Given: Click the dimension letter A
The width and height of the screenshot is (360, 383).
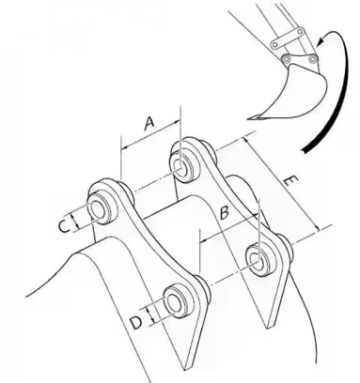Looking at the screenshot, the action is click(x=149, y=123).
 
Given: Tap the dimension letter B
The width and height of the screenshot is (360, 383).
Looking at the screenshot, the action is click(x=225, y=213).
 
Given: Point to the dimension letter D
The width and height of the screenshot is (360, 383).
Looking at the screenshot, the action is click(x=136, y=323).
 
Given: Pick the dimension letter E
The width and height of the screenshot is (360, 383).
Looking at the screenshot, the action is click(x=290, y=181).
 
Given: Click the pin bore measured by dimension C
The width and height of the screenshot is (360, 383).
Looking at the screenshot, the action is click(x=98, y=210).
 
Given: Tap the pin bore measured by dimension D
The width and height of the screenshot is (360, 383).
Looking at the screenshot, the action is click(x=173, y=301).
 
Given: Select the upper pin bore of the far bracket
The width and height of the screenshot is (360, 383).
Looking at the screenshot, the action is click(x=180, y=164).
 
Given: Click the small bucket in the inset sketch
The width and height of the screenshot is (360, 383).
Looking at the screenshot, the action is click(x=290, y=92).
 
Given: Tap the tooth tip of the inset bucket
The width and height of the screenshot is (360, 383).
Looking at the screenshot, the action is click(x=250, y=118).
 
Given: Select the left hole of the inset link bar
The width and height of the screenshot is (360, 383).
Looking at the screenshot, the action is click(x=274, y=44).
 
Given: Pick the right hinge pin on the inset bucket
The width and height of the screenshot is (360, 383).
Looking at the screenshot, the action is click(x=312, y=58).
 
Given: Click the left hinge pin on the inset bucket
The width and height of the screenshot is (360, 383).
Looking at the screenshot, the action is click(x=286, y=58).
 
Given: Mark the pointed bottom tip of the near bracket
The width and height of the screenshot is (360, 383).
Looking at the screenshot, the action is click(x=186, y=370).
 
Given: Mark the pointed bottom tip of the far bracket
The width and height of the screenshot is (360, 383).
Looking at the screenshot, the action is click(x=268, y=328).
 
